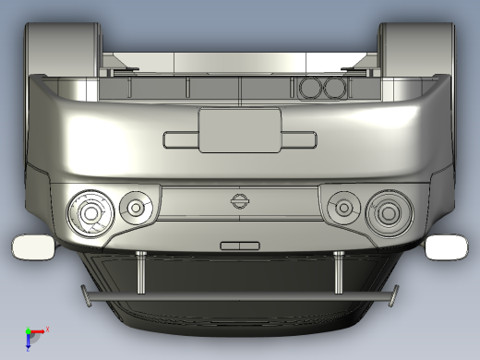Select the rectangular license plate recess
[x=239, y=129]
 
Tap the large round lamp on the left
[x=90, y=211]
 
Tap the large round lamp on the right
[x=388, y=211]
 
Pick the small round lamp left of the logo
[x=137, y=207]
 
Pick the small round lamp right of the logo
[x=342, y=207]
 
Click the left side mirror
[x=34, y=246]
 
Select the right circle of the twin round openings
[x=333, y=88]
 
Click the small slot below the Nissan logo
[x=239, y=246]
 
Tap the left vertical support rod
[x=140, y=272]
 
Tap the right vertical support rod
[x=339, y=272]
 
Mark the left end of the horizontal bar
[x=88, y=296]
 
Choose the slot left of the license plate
[x=180, y=139]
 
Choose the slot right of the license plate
[x=298, y=139]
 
